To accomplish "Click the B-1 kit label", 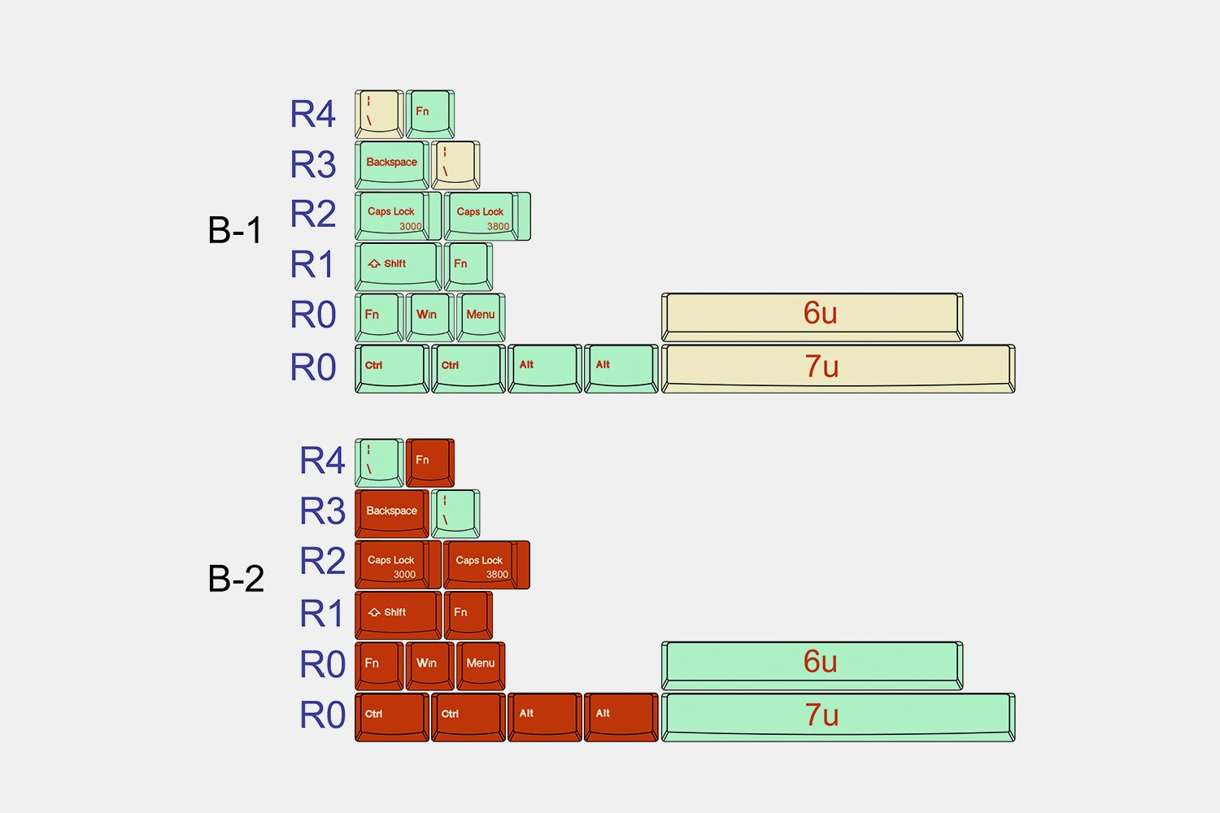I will (x=235, y=230).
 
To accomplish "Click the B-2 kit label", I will (x=236, y=579).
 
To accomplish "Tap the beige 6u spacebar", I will (x=812, y=315).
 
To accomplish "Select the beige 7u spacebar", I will (x=838, y=367).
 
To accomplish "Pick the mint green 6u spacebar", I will (x=812, y=664).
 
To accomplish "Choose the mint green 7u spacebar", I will (x=838, y=716).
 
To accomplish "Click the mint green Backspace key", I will (x=391, y=164).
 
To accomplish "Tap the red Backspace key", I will (x=391, y=513).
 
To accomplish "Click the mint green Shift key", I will (x=398, y=267).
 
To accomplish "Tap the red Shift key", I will (x=398, y=615).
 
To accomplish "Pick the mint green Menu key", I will (x=481, y=317).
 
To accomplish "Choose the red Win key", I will (x=429, y=666).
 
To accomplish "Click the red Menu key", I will (x=481, y=666).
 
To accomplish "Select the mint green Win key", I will (x=429, y=317).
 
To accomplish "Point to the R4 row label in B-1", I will (x=313, y=115).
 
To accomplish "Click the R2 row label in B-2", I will (x=323, y=562).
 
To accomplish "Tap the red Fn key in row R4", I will (x=429, y=462).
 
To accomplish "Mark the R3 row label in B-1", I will (x=313, y=165).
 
